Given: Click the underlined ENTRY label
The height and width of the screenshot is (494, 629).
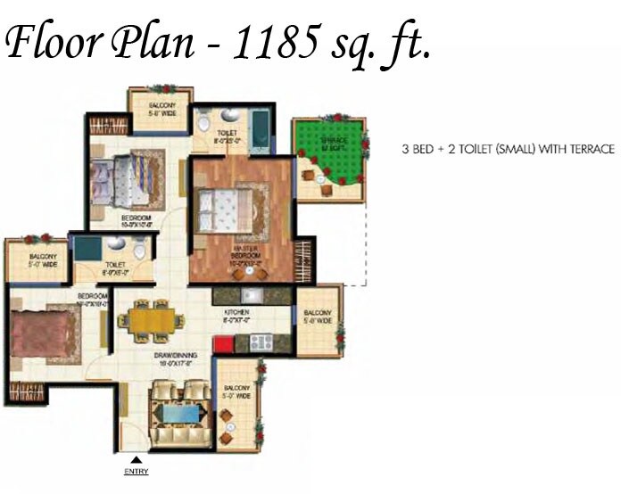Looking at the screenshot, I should [137, 471].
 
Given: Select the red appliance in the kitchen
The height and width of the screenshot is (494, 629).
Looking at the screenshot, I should [221, 344].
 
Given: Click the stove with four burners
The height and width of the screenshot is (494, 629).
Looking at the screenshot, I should [261, 341].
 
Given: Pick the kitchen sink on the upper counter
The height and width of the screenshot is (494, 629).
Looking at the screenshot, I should [250, 296].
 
